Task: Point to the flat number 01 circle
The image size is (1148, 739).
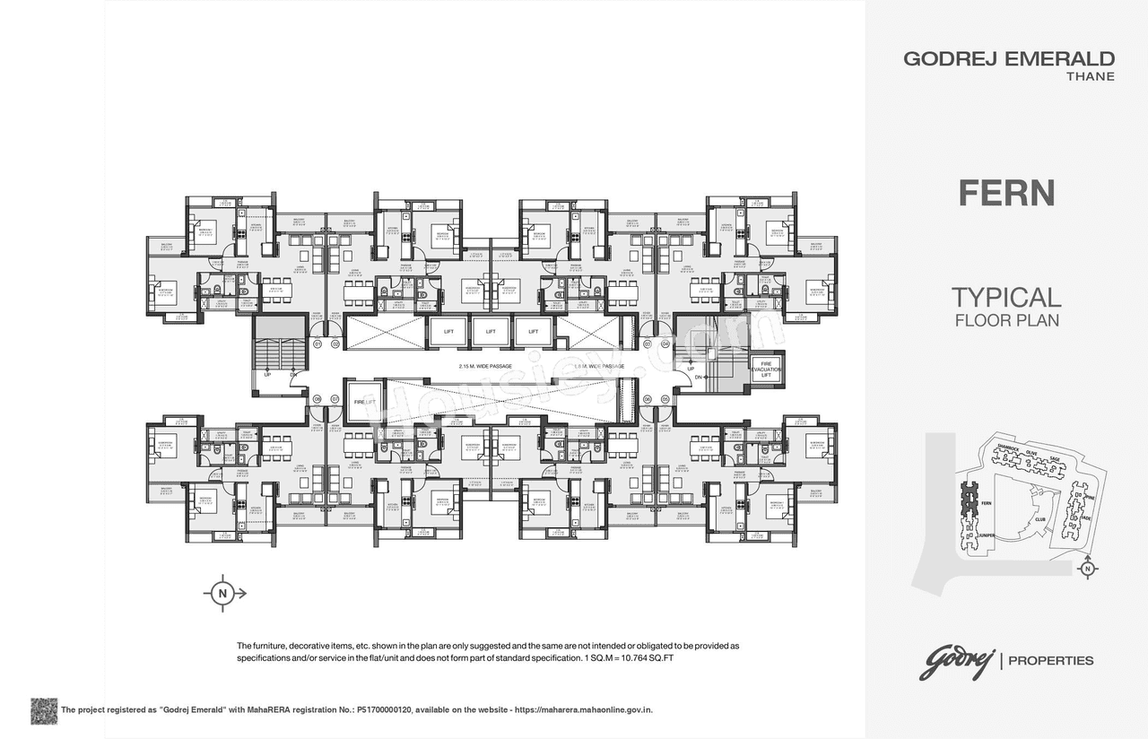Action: click(x=317, y=343)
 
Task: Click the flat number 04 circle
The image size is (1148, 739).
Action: click(x=666, y=343)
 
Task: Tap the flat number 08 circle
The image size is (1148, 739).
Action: click(x=317, y=399)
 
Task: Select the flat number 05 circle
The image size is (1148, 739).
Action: click(x=666, y=399)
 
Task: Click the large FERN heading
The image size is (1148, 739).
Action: click(x=1005, y=193)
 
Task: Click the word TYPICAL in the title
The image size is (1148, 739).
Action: click(x=1005, y=297)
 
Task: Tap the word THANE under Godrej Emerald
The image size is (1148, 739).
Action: click(x=1090, y=77)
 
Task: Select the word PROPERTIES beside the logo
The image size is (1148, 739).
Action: click(x=1051, y=661)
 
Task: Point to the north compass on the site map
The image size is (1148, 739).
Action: click(x=1087, y=568)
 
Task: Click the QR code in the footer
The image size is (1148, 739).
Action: click(x=44, y=710)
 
